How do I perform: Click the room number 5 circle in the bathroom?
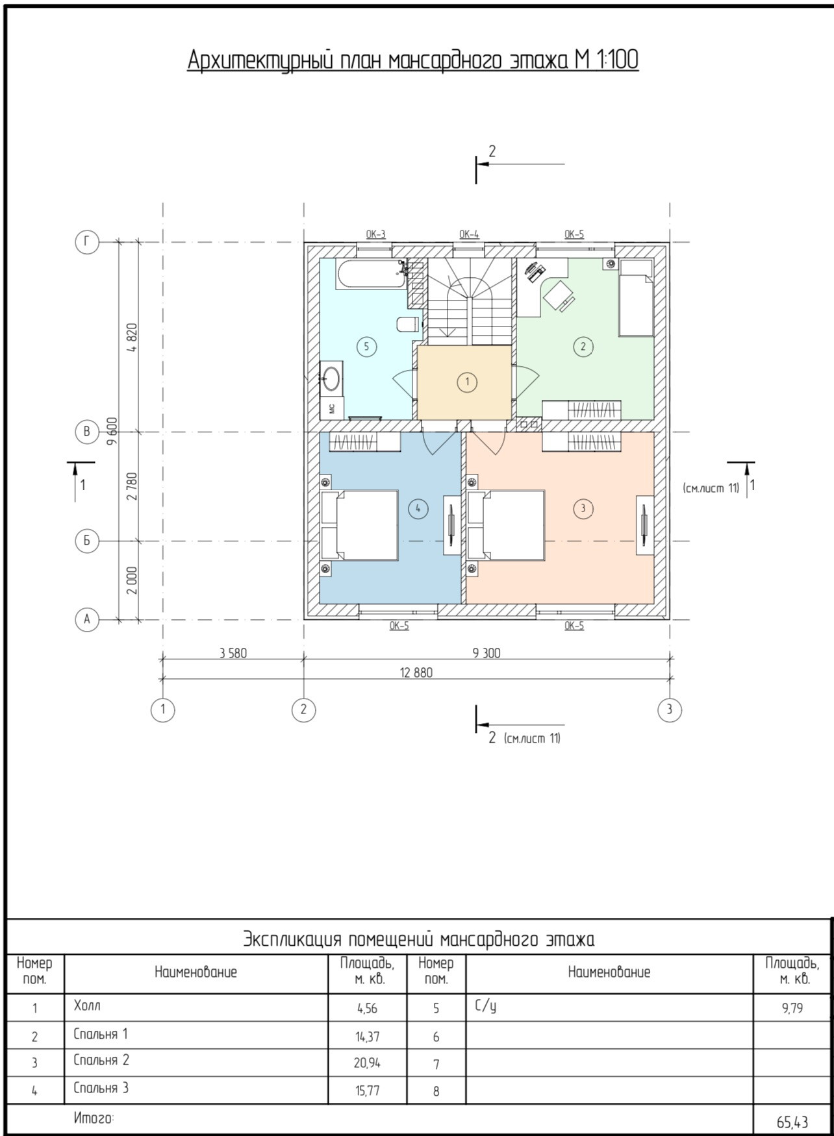[x=366, y=346]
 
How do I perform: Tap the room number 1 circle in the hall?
[x=466, y=382]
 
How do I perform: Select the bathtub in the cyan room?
[x=372, y=274]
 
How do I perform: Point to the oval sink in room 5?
[x=331, y=378]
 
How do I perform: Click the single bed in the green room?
[x=635, y=297]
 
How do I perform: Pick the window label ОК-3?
[x=375, y=234]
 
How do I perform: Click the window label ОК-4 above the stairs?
[x=469, y=234]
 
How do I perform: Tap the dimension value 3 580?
[x=233, y=653]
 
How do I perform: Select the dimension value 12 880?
[x=416, y=673]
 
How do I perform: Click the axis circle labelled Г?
[x=87, y=242]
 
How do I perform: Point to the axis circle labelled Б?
[x=87, y=541]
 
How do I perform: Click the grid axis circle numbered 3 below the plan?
[x=670, y=710]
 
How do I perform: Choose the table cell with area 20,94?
[x=368, y=1063]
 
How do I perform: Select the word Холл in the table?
[x=87, y=1006]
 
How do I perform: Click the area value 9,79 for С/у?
[x=792, y=1009]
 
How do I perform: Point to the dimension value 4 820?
[x=133, y=338]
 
